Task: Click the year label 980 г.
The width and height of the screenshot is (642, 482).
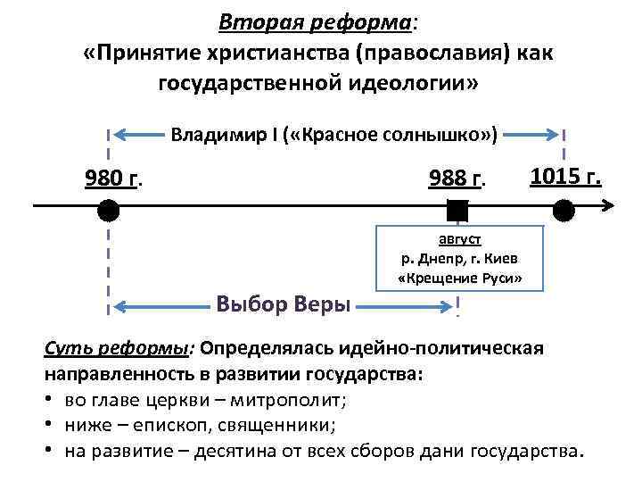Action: pyautogui.click(x=114, y=179)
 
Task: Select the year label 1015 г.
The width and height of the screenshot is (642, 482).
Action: pyautogui.click(x=566, y=176)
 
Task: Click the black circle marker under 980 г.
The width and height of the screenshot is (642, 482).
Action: pyautogui.click(x=108, y=211)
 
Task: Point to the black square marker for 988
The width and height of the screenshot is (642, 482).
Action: pyautogui.click(x=457, y=211)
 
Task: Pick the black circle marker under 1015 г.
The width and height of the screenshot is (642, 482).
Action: pyautogui.click(x=564, y=211)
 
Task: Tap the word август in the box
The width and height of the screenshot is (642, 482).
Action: pyautogui.click(x=459, y=239)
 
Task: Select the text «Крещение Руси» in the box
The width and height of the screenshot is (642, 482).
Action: pyautogui.click(x=459, y=278)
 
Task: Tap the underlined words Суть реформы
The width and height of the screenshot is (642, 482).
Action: pyautogui.click(x=98, y=347)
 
